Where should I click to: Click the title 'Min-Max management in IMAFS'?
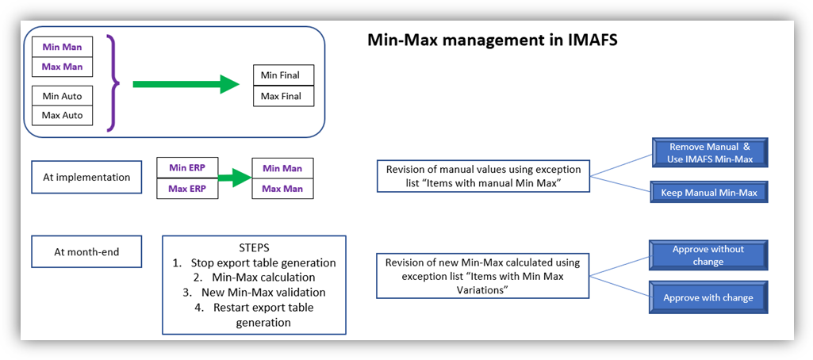(x=492, y=40)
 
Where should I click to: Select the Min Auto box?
(x=62, y=96)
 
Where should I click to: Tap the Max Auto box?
(x=62, y=115)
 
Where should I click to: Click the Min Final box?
(x=282, y=75)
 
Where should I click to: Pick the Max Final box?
(x=282, y=96)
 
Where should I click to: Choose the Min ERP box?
(x=187, y=167)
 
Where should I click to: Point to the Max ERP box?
(x=187, y=189)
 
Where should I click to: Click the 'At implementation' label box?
(x=86, y=178)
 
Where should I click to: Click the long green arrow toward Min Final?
(x=186, y=84)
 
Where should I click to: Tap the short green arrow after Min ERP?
(x=235, y=178)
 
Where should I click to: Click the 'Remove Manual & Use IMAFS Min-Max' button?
(x=710, y=153)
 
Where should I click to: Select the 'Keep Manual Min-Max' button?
(x=710, y=192)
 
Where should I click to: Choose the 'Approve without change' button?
(x=708, y=255)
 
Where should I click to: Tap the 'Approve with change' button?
(x=708, y=297)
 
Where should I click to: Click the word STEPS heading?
(x=254, y=247)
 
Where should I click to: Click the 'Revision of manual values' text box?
(x=482, y=176)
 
